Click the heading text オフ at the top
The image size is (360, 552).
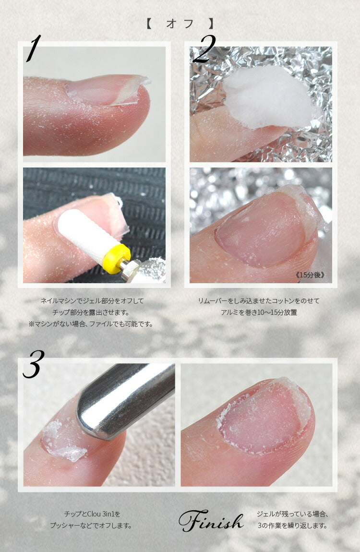pyautogui.click(x=180, y=24)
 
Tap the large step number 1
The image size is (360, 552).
pyautogui.click(x=34, y=48)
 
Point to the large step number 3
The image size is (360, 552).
pyautogui.click(x=34, y=364)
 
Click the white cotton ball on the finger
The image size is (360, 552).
pyautogui.click(x=269, y=96)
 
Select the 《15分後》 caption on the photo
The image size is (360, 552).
pyautogui.click(x=310, y=275)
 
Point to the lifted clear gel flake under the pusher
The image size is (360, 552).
pyautogui.click(x=63, y=441)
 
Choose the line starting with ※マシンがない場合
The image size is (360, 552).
pyautogui.click(x=91, y=324)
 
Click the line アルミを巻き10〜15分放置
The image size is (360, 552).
pyautogui.click(x=259, y=312)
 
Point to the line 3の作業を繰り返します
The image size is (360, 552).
pyautogui.click(x=292, y=526)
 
